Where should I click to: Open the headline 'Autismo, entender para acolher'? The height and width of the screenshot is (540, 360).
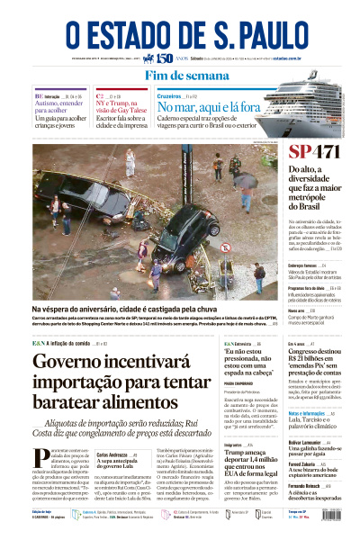58,107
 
